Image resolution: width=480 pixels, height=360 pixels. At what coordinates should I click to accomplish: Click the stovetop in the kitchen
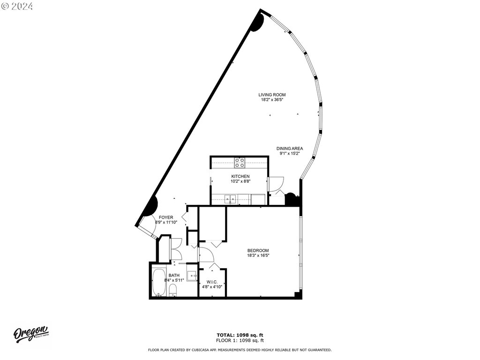coord(240,163)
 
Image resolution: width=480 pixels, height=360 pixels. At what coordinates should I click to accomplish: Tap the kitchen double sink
coord(230,199)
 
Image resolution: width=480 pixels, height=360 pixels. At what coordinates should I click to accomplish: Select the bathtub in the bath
coord(159,283)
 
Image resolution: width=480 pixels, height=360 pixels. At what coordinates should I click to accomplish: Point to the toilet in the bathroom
coord(173,290)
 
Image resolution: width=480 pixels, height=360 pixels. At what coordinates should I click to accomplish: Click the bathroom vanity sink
coord(192,276)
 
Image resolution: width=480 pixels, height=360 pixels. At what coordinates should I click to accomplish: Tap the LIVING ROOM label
coord(272,95)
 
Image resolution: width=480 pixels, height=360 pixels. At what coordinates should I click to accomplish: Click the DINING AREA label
coord(290,149)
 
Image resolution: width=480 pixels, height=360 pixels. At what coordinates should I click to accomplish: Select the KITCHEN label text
coord(240,176)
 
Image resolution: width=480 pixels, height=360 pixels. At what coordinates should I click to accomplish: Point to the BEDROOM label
coord(258,250)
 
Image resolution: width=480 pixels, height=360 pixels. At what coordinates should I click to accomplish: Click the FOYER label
coord(166,217)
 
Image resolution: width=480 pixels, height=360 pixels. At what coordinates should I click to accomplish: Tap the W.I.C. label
coord(212,282)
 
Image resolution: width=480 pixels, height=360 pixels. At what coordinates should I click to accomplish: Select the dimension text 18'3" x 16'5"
coord(258,255)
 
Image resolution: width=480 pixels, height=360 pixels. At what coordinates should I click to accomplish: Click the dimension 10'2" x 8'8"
coord(240,181)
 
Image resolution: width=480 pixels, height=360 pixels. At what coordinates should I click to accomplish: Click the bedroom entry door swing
coord(206,255)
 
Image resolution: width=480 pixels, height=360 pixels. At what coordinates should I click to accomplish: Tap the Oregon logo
coord(30,334)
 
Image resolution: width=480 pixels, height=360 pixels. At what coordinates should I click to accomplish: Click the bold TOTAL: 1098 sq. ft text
coord(240,335)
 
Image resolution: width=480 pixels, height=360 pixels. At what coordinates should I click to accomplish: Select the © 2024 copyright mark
coord(17,7)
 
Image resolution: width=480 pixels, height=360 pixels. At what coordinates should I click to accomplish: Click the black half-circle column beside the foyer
coord(152,206)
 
